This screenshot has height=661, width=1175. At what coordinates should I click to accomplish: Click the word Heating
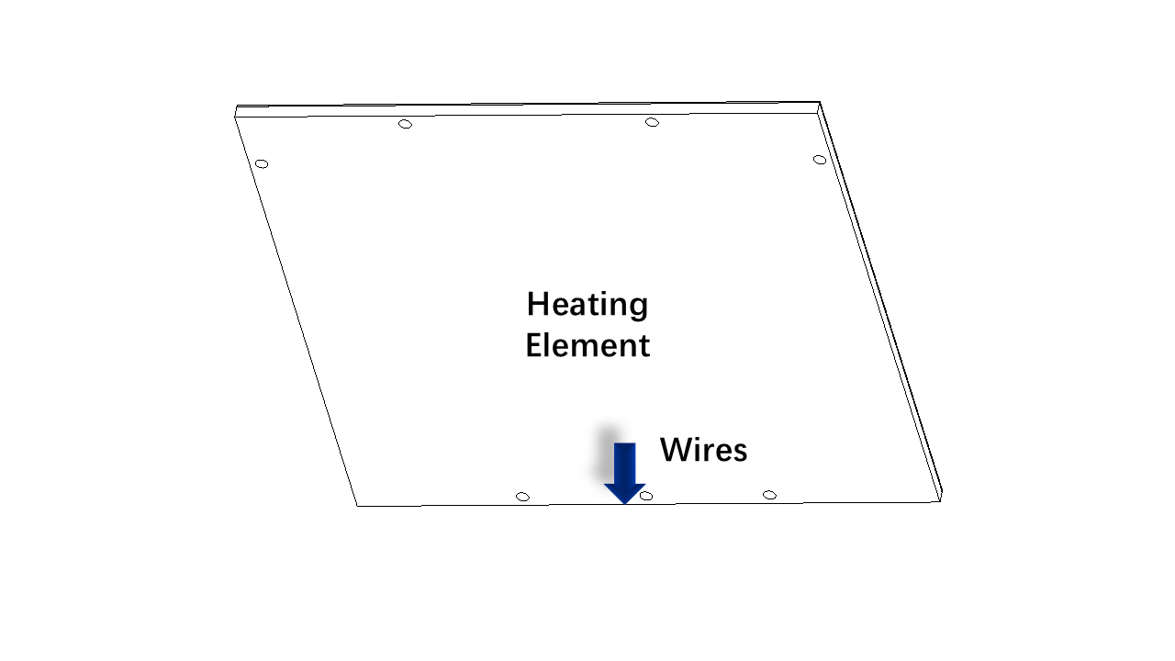click(587, 305)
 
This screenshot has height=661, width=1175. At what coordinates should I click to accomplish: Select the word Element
click(587, 345)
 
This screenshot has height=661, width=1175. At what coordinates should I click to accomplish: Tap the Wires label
click(703, 450)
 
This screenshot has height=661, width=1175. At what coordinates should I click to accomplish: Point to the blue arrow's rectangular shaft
click(625, 464)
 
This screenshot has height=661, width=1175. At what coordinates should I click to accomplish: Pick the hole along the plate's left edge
click(262, 164)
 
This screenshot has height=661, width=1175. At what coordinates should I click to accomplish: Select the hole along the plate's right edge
click(820, 160)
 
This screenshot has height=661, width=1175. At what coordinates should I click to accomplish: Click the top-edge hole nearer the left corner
click(406, 124)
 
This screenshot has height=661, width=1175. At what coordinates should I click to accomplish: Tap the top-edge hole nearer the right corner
click(652, 122)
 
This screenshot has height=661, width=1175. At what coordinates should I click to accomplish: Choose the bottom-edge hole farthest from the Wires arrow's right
click(522, 497)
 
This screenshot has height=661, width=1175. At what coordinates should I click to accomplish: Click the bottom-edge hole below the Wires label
click(769, 495)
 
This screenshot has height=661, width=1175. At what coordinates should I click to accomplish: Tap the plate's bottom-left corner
click(357, 506)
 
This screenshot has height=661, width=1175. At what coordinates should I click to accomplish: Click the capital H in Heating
click(538, 303)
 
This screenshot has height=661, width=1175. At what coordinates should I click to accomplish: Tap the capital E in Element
click(534, 345)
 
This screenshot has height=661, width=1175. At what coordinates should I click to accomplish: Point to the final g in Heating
click(638, 308)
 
